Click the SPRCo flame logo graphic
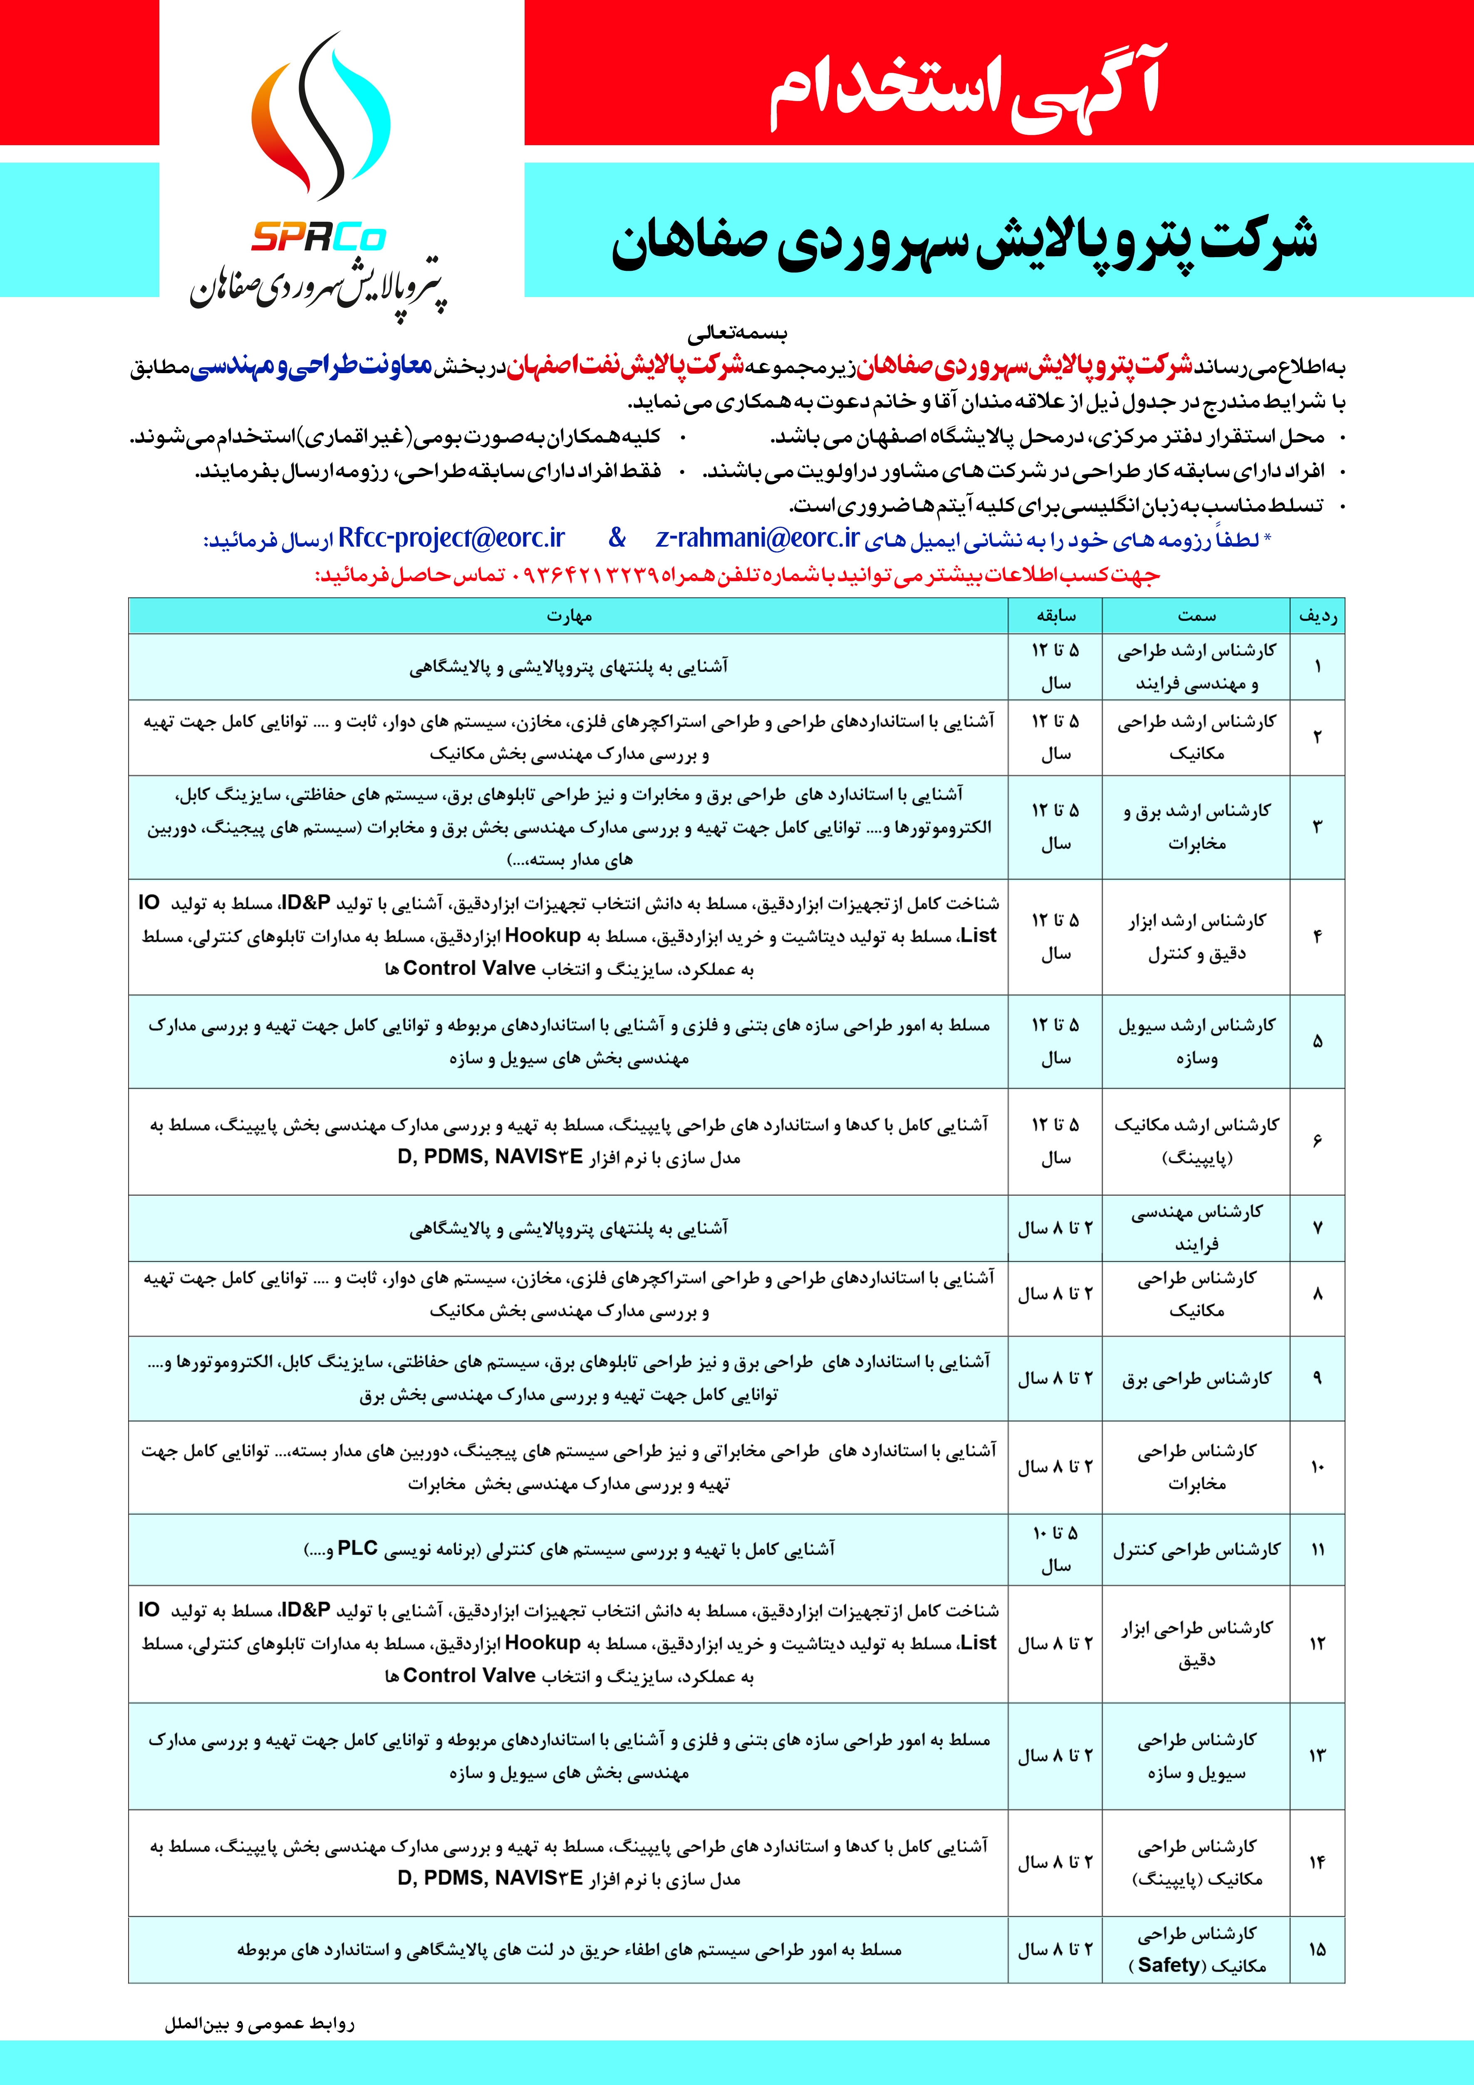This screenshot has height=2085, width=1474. pyautogui.click(x=320, y=118)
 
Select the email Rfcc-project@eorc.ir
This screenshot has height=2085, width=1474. pyautogui.click(x=451, y=538)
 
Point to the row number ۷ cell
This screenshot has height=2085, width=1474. pyautogui.click(x=1317, y=1228)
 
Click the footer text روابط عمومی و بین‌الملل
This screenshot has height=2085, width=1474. pyautogui.click(x=260, y=2024)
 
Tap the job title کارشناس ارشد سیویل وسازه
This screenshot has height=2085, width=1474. pyautogui.click(x=1196, y=1042)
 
